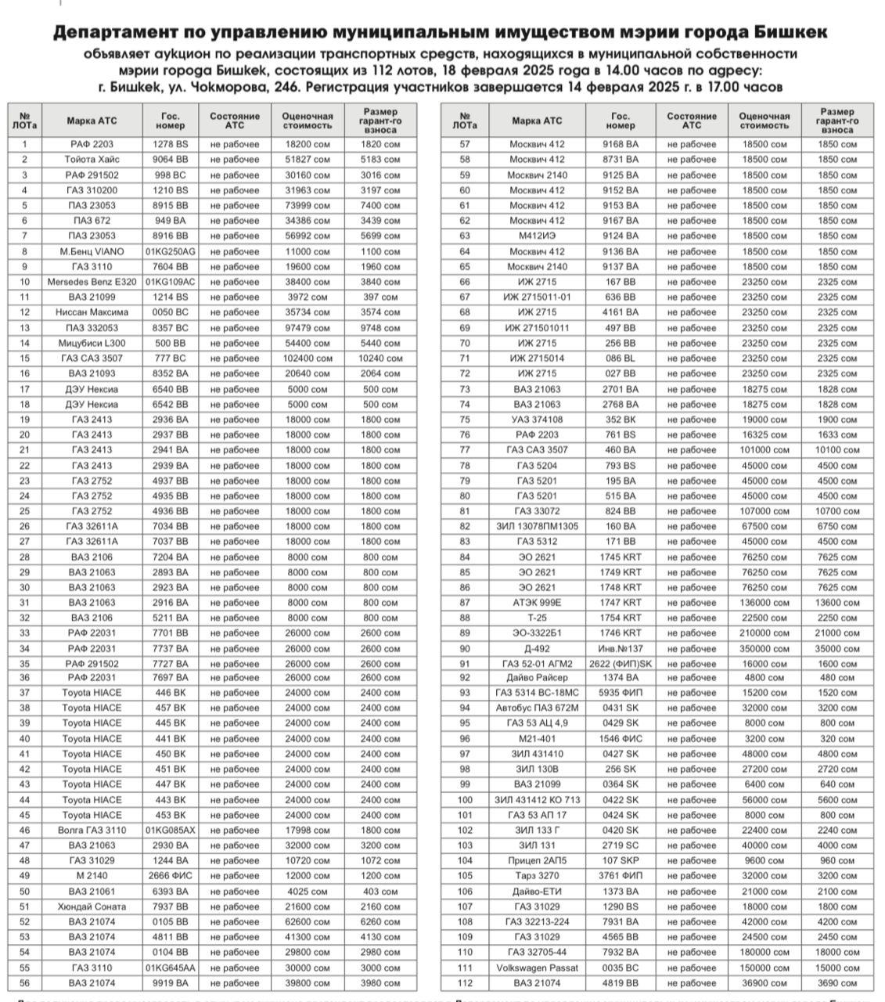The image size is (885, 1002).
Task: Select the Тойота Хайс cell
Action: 92,160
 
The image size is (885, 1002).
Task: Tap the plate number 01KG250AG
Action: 170,251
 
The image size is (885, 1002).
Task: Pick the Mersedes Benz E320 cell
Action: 92,282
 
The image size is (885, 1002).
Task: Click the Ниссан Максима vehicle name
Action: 92,312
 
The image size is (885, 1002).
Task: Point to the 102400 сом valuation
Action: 307,359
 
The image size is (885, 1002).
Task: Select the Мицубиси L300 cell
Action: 92,343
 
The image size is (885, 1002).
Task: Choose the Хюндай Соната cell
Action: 92,906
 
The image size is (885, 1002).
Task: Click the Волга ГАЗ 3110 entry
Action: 92,831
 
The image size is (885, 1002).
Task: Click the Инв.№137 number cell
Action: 620,648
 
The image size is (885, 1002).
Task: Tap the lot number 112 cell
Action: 465,983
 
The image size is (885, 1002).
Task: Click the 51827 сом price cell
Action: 307,160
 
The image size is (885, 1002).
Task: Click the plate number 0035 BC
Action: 620,968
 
